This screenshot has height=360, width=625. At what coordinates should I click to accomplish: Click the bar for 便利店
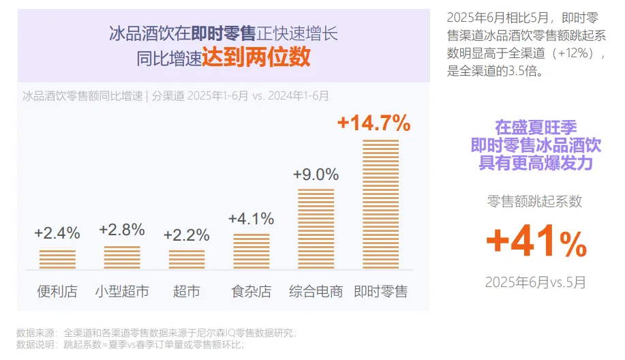[57, 260]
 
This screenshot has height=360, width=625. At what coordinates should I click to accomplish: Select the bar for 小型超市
[122, 258]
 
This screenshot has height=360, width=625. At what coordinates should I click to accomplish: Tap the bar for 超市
[187, 260]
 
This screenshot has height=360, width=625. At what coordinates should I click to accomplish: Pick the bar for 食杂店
[251, 252]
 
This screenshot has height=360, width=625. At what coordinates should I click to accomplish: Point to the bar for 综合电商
[316, 229]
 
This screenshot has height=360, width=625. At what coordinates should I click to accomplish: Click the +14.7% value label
[374, 123]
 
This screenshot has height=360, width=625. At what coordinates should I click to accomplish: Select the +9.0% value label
[316, 175]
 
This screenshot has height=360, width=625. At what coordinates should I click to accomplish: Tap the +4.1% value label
[251, 219]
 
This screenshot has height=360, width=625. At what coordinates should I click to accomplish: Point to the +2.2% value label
[187, 235]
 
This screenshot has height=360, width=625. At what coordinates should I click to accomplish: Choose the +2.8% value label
[122, 230]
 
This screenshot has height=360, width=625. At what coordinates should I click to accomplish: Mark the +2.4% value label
[57, 233]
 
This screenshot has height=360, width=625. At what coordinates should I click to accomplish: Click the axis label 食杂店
[251, 292]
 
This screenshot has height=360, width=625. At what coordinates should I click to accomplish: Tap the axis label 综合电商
[316, 292]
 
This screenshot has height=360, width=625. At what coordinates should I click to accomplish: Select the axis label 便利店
[57, 292]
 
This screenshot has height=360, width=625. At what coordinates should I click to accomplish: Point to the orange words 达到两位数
[256, 57]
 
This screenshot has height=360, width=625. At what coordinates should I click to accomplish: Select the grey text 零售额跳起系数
[535, 201]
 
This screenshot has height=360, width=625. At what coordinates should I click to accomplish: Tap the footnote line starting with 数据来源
[157, 333]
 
